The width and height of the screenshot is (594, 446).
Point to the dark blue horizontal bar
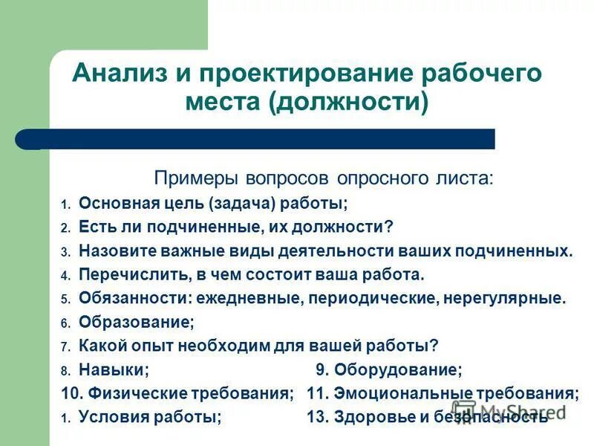tap(252, 139)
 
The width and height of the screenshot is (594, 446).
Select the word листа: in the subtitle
tap(461, 180)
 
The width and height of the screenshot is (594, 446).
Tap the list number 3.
tap(65, 251)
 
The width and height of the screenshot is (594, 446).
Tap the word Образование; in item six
tap(136, 323)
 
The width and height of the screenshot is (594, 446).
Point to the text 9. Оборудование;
tap(388, 370)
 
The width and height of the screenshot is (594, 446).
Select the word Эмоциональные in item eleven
tap(398, 394)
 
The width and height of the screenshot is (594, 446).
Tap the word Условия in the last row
tap(111, 418)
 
